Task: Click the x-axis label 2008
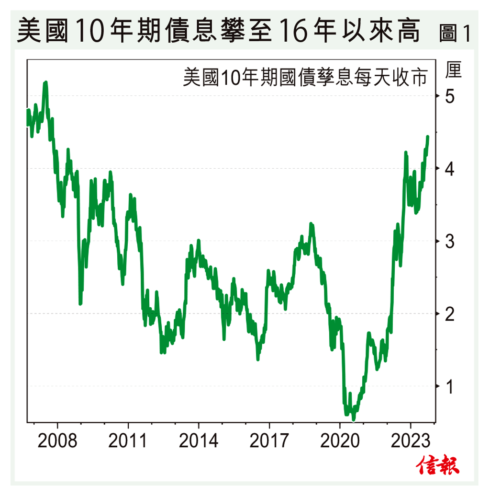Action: pos(57,441)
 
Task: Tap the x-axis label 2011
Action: pos(128,441)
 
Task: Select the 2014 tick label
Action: pos(198,441)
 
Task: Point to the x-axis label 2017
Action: pos(269,441)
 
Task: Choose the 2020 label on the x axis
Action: pos(340,441)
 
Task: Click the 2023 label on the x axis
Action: pos(410,441)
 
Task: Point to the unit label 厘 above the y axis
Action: pos(453,70)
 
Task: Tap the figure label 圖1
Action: pos(455,34)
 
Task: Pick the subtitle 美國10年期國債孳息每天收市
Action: pos(305,78)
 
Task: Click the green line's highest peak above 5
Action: pos(45,82)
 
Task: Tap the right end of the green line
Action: pos(428,137)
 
